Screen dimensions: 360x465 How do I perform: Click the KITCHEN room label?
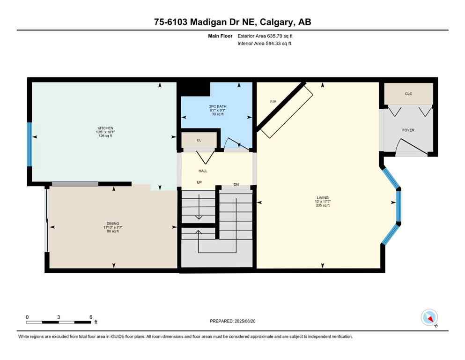click(105, 128)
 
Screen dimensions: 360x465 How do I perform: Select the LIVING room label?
click(323, 197)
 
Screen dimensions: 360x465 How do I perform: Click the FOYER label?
click(408, 130)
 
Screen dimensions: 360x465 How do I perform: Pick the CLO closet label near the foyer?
click(408, 94)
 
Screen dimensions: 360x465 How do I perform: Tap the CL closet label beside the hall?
click(199, 140)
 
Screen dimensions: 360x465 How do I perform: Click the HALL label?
click(203, 171)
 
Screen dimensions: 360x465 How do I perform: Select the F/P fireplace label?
click(273, 102)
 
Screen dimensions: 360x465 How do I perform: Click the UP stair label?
click(199, 182)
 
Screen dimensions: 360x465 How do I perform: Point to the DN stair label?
click(236, 185)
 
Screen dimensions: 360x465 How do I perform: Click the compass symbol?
click(429, 318)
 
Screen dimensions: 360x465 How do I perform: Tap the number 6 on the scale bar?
click(90, 317)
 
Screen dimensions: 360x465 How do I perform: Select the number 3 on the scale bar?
click(59, 317)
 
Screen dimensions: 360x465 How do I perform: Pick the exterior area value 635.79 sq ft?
click(280, 36)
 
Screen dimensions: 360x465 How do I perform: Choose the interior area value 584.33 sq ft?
click(279, 44)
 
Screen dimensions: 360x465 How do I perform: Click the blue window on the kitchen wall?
click(30, 144)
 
